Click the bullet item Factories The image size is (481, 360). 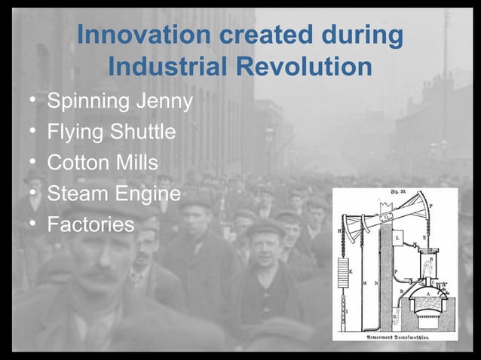tap(90, 224)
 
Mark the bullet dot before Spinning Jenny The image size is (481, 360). tap(32, 101)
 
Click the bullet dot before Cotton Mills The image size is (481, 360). tap(32, 163)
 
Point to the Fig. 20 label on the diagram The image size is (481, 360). tap(397, 194)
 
